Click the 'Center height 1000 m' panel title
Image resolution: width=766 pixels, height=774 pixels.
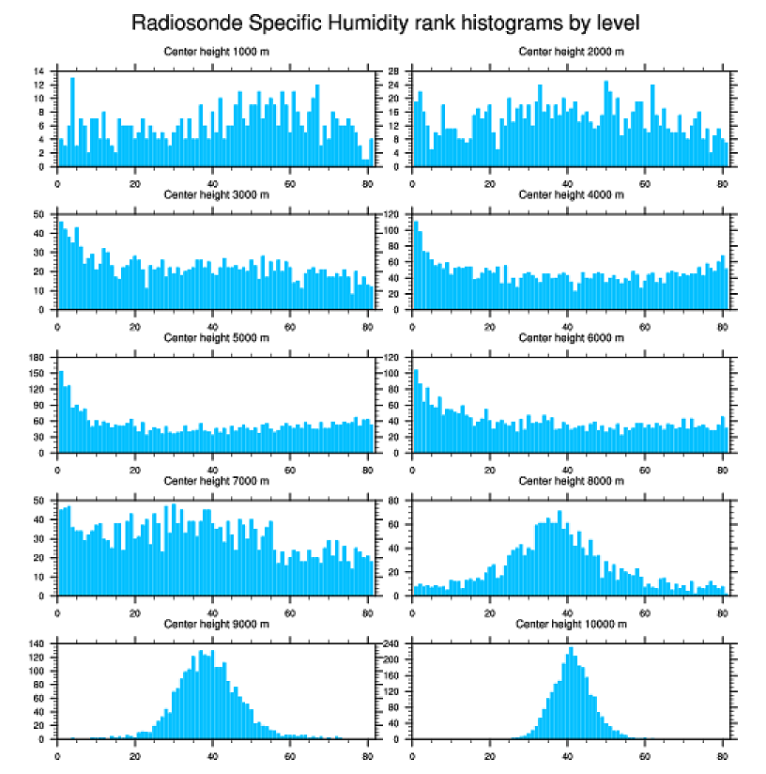point(216,51)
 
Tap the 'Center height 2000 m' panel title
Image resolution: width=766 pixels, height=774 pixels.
point(571,51)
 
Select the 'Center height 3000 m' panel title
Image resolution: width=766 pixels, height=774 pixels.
point(216,194)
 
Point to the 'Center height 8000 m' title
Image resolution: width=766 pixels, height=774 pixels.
point(571,481)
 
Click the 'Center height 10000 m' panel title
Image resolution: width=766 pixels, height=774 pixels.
point(571,624)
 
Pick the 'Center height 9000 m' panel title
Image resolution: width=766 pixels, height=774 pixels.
point(216,624)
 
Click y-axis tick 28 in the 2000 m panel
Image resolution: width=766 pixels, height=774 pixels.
point(395,71)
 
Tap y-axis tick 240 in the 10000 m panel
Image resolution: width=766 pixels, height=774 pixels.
point(393,643)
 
